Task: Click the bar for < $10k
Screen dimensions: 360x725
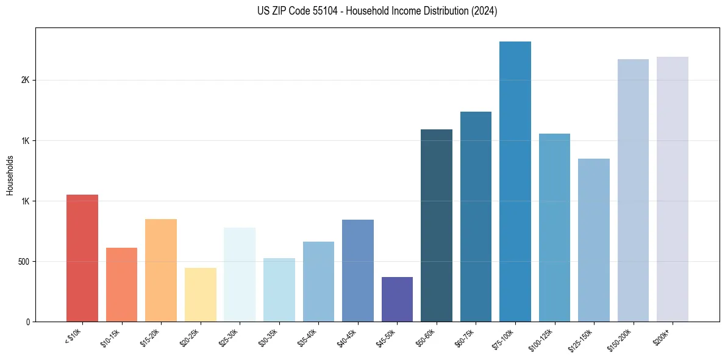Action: [82, 258]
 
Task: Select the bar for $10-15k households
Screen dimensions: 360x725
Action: [121, 284]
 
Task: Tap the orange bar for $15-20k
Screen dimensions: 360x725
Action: [161, 270]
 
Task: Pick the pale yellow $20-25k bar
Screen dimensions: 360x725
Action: [201, 295]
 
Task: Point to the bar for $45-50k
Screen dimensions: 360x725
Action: [397, 299]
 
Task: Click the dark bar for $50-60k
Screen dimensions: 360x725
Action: [437, 225]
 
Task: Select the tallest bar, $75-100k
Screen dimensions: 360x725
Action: [515, 181]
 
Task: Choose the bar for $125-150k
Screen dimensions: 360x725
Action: [594, 240]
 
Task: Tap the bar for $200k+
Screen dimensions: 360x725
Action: [673, 189]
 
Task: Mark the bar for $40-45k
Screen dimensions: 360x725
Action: [358, 270]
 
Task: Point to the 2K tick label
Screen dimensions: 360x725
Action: [26, 81]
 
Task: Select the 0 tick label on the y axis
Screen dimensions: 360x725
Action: [28, 322]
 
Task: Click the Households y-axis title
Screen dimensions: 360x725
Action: [10, 175]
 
